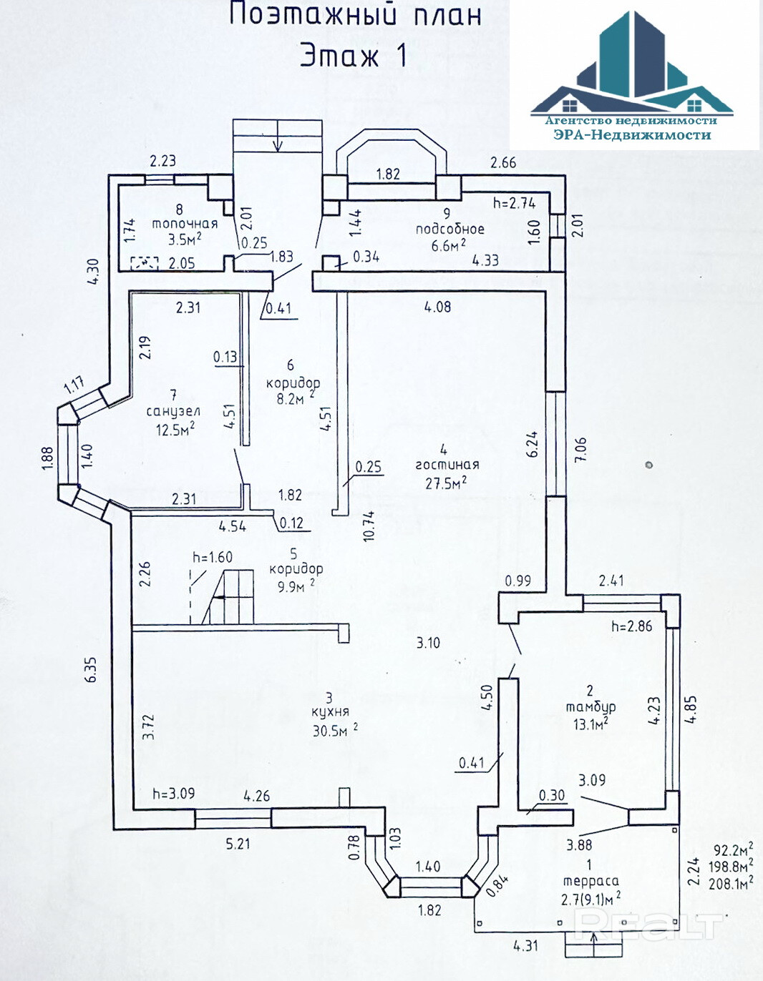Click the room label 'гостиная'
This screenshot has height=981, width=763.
pos(447,465)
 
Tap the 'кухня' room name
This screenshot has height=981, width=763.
pos(330,712)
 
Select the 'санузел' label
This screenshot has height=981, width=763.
pos(173,411)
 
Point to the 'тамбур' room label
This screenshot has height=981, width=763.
pos(591,707)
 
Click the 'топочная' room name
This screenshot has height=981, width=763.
pos(184,224)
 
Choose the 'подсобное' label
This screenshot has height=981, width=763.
pos(449,230)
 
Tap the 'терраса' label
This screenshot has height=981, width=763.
pos(591,882)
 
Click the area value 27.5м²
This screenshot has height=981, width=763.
pos(445,483)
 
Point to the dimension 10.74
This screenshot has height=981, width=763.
pos(369,526)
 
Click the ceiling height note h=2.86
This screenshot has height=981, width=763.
pos(631,626)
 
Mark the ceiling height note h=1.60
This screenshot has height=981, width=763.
pos(212,557)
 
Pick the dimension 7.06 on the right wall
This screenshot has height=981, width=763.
pos(580,449)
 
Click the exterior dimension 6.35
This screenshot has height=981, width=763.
pos(91,669)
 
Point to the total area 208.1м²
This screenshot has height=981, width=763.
pos(730,884)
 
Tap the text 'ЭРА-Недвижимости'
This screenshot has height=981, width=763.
pos(632,134)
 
